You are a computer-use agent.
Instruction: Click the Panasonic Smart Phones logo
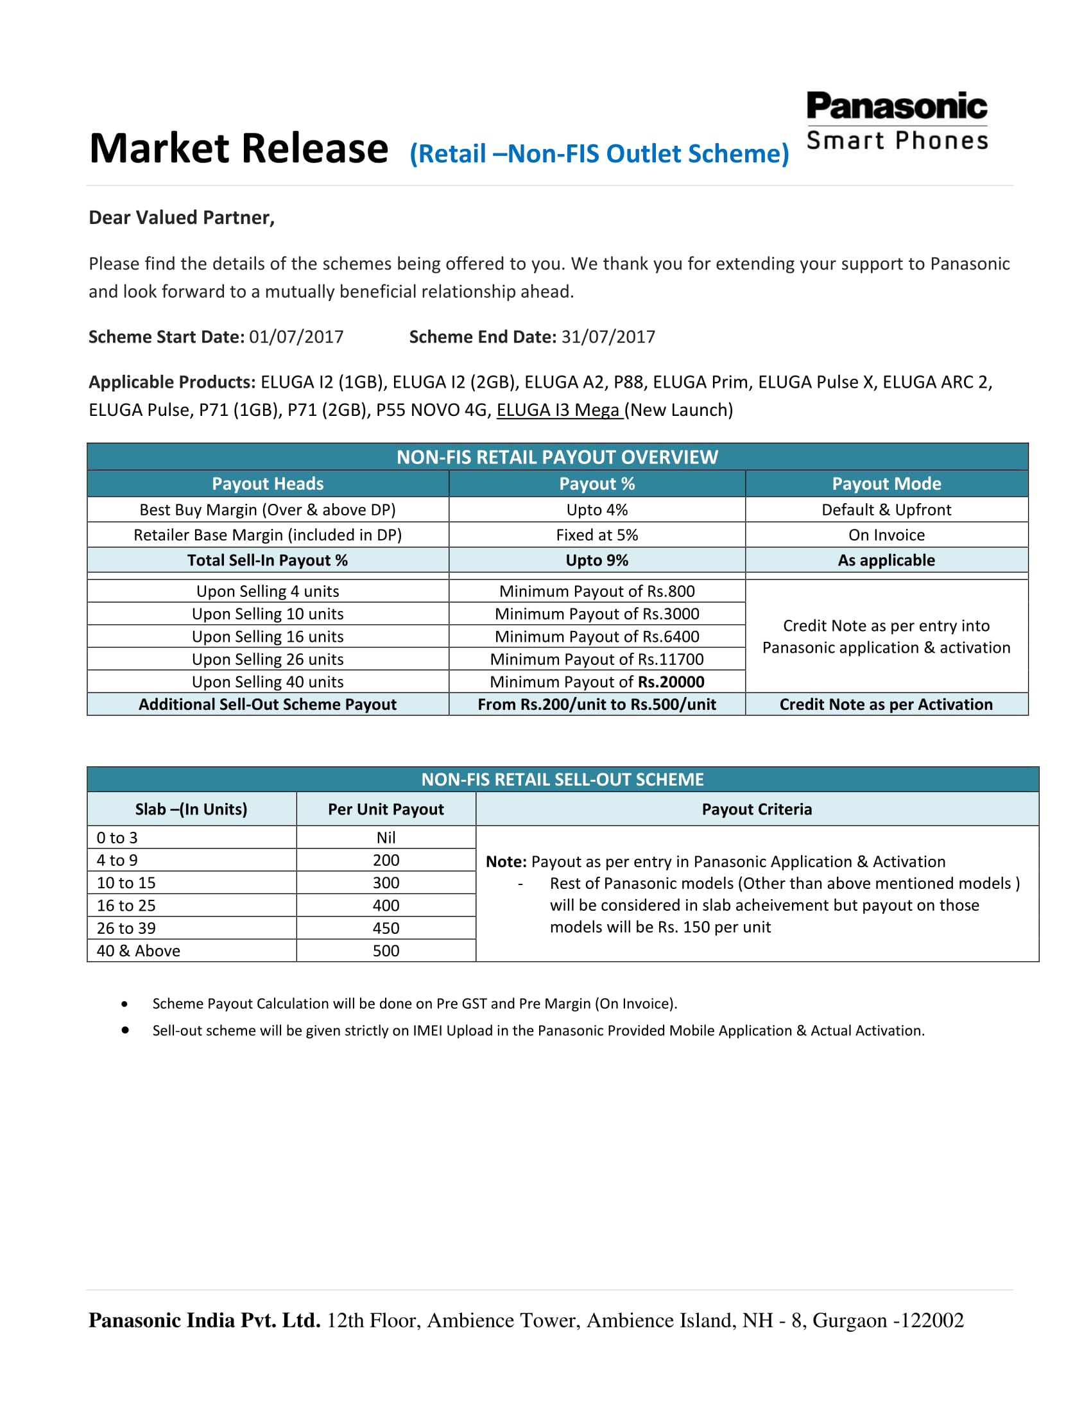(897, 121)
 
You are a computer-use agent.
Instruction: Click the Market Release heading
(239, 149)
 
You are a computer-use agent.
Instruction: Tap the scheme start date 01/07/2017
(296, 337)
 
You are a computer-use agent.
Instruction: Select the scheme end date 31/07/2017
(608, 337)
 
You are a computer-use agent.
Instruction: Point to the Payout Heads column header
(268, 483)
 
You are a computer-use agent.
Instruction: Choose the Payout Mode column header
(886, 483)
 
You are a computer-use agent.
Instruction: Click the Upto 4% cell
(597, 510)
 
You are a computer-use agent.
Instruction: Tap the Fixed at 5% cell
(597, 535)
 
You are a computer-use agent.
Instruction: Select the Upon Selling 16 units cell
(268, 637)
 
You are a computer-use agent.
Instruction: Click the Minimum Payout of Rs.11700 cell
(597, 659)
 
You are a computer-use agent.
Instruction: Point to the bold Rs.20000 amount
(671, 682)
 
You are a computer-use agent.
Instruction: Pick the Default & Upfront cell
(886, 510)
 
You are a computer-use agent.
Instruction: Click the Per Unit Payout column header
(386, 809)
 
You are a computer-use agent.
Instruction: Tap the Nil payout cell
(386, 838)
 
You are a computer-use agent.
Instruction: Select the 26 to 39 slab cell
(126, 929)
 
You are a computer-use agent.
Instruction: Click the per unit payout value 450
(386, 929)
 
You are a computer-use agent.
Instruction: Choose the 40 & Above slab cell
(139, 951)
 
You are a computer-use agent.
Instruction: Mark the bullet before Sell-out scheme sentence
(125, 1030)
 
